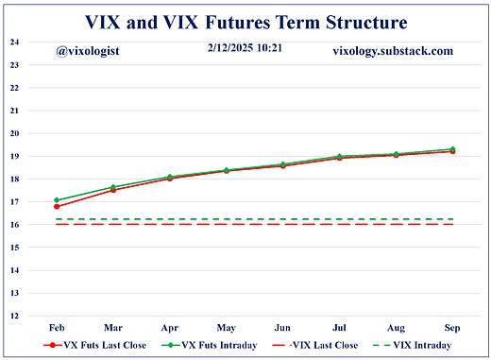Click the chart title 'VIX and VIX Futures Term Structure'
(245, 21)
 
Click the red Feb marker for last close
(57, 206)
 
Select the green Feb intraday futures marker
(57, 199)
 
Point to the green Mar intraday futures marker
(113, 187)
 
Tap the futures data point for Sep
(452, 149)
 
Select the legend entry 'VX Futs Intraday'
(212, 347)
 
